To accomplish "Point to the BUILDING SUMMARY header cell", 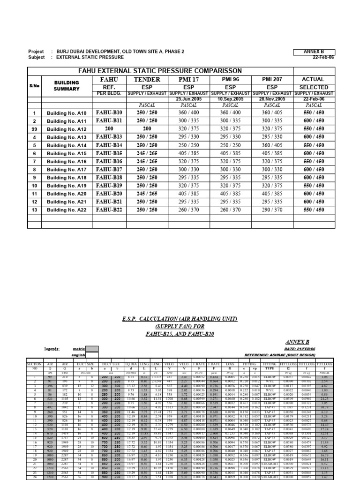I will point(67,85).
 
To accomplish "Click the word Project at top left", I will point(36,52).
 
